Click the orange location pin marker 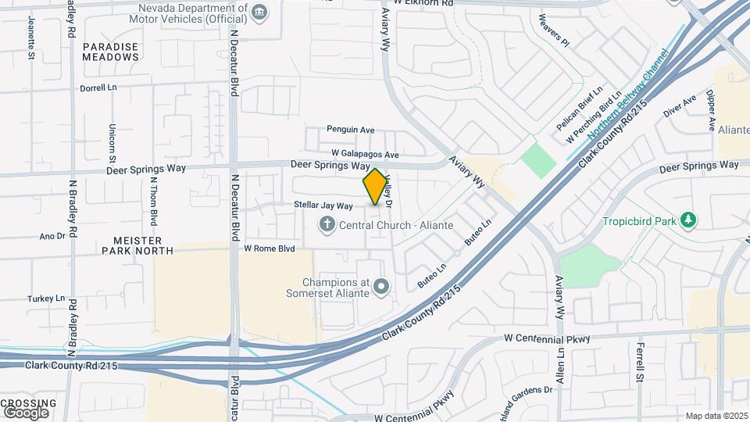point(375,186)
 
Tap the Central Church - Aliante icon point(327,225)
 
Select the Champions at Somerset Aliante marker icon point(381,288)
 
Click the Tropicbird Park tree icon point(687,221)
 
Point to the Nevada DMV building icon point(259,11)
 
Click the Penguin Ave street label point(351,130)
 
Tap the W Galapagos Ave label point(365,154)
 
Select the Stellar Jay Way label point(323,206)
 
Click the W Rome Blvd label point(270,249)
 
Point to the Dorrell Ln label point(98,88)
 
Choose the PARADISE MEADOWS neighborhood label point(111,52)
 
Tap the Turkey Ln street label point(46,299)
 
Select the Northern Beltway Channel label point(629,94)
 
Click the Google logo point(26,412)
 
